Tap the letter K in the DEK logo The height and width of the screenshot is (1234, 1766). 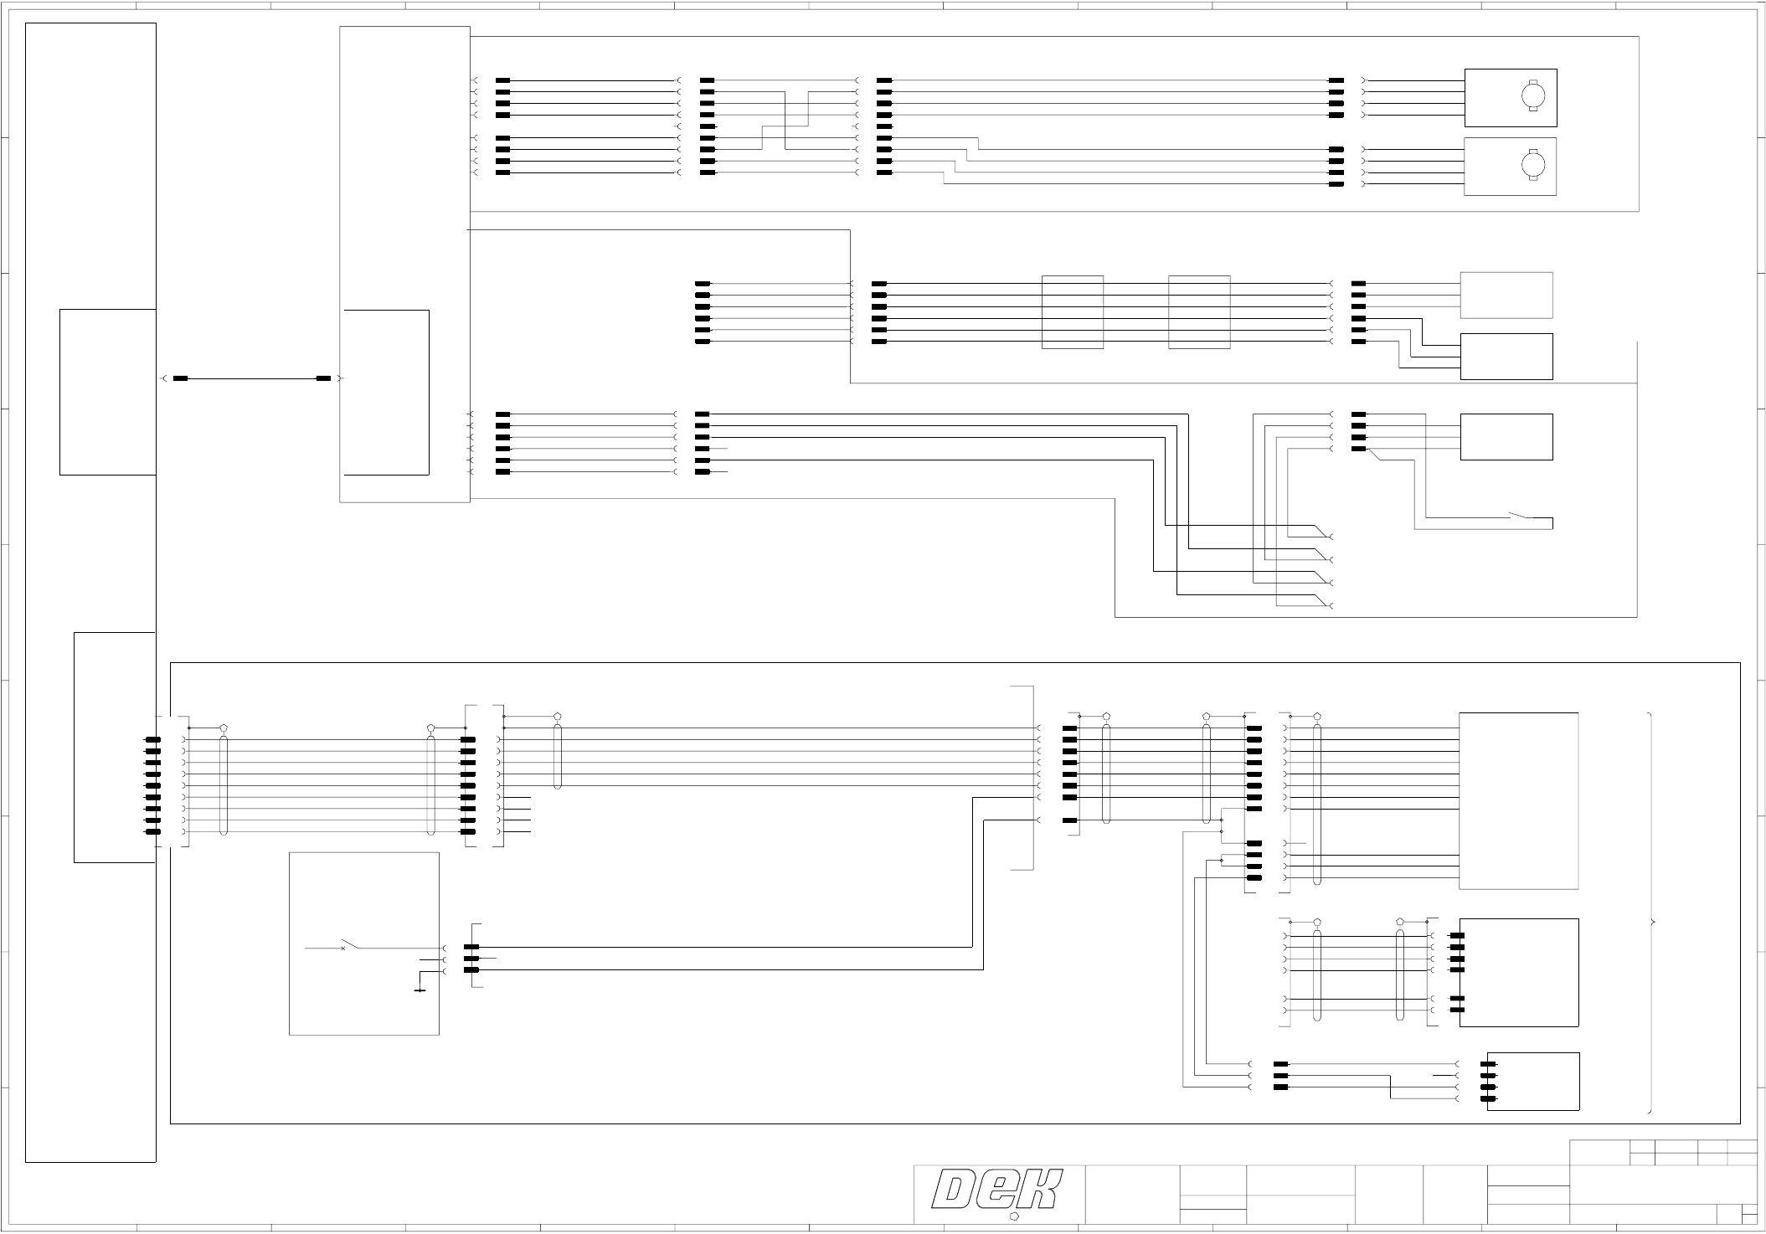point(1041,1190)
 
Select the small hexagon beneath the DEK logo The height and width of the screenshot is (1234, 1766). point(1014,1216)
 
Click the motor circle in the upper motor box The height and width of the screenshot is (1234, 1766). point(1534,96)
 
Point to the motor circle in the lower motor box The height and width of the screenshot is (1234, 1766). point(1534,164)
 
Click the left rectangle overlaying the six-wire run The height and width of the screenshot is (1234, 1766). point(1073,312)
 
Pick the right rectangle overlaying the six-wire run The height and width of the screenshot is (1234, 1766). point(1199,312)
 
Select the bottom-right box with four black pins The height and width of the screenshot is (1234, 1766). point(1533,1081)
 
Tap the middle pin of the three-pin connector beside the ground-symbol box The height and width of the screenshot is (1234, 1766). point(471,959)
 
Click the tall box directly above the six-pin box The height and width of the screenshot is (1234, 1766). point(1518,800)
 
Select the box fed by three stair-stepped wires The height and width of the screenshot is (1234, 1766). point(1506,357)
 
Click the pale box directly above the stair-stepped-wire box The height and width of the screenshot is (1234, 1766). point(1506,295)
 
